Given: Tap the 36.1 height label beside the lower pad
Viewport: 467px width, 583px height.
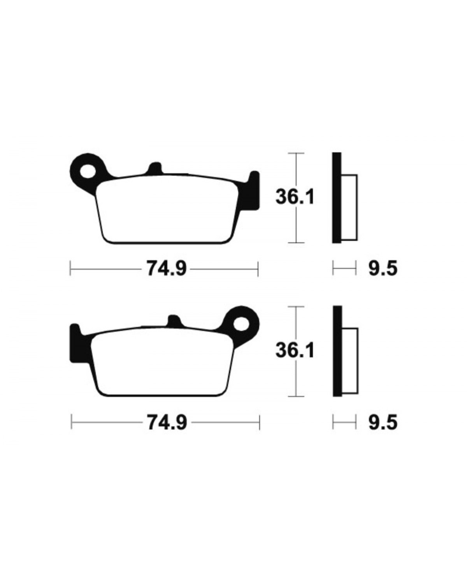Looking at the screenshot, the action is (295, 350).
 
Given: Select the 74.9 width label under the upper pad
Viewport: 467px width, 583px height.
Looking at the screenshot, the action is (167, 269).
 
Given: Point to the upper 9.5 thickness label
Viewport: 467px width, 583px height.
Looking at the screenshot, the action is (383, 269).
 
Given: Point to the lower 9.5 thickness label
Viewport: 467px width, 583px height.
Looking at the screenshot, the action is (383, 422).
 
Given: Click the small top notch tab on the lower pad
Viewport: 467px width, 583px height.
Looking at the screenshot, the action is (174, 321).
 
